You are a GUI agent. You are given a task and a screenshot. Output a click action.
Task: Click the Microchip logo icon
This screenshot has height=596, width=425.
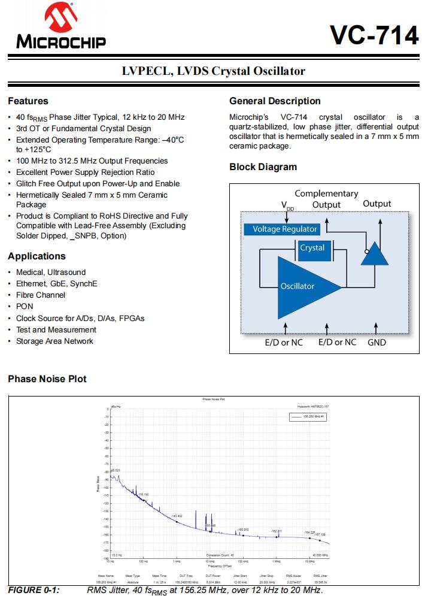pos(60,21)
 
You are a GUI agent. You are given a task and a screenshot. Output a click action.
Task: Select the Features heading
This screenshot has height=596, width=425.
pos(28,101)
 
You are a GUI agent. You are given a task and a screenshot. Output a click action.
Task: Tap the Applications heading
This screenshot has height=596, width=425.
pos(37,256)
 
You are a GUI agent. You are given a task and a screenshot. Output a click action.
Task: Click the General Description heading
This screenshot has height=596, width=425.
pos(275,101)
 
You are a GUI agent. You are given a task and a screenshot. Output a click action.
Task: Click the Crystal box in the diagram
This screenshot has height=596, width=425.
pos(312,248)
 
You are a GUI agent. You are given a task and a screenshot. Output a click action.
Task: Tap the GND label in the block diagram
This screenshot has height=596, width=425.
pos(377,342)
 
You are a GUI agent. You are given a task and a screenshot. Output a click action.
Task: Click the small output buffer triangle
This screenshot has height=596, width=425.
pos(375,254)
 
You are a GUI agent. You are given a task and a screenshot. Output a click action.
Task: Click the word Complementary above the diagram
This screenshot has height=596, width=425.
pos(326,193)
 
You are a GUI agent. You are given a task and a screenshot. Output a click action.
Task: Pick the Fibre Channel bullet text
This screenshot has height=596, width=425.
pos(41,295)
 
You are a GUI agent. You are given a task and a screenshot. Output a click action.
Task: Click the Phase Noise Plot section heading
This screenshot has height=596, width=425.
pos(47,379)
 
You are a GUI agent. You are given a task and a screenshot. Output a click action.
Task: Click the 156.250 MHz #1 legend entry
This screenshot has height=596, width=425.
pos(313,415)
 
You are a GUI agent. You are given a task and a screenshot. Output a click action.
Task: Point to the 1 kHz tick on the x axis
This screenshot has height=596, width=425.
pos(177,562)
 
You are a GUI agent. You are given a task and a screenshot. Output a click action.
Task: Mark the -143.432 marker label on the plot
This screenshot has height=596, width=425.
pos(177,516)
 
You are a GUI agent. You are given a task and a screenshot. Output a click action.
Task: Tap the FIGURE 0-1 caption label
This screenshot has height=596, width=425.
pos(34,591)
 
